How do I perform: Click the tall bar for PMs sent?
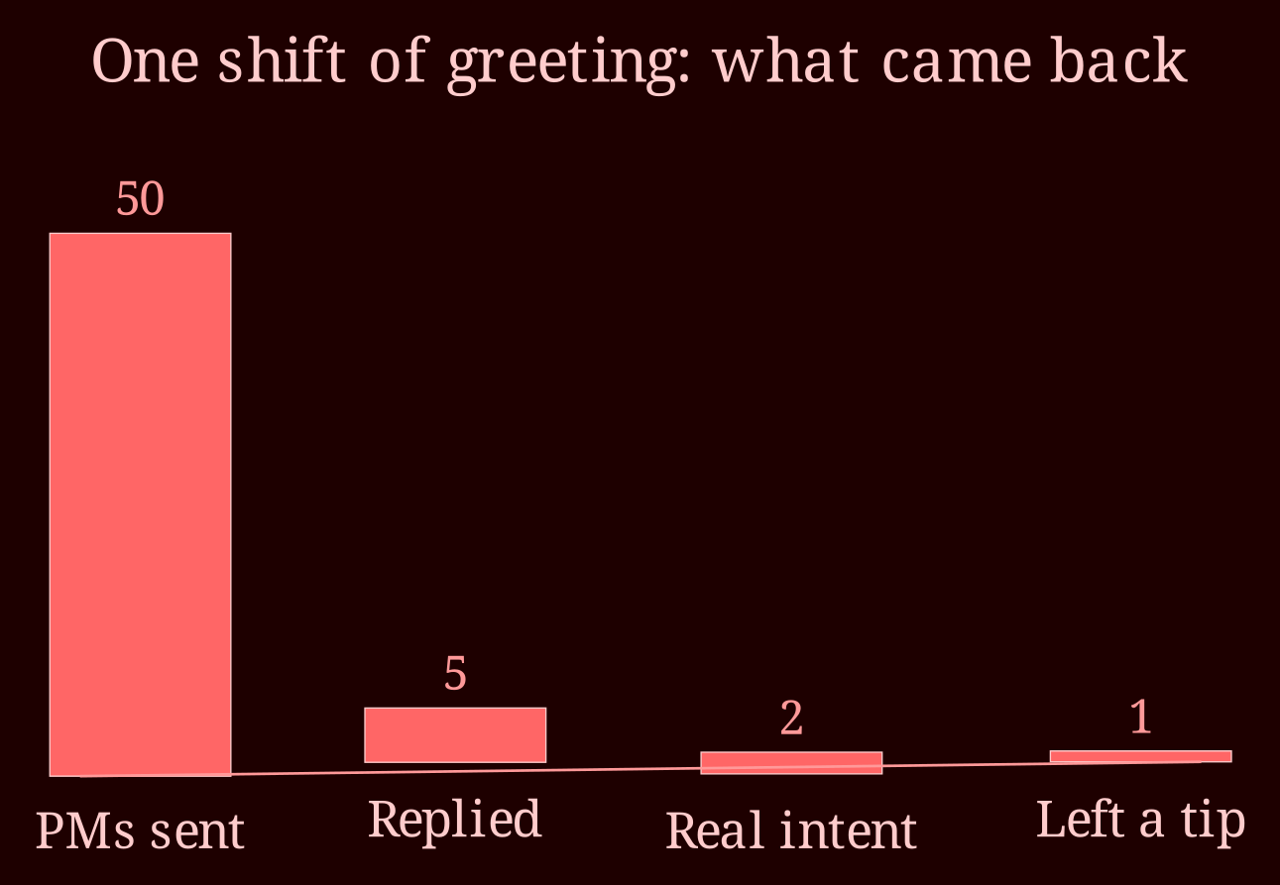[x=140, y=504]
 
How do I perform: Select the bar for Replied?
[x=455, y=734]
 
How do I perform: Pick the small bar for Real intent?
[x=791, y=763]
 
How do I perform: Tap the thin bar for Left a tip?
[x=1140, y=756]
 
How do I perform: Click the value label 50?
[x=140, y=199]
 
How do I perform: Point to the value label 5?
[x=455, y=673]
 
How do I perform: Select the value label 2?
[x=791, y=718]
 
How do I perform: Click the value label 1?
[x=1140, y=717]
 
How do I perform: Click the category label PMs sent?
[x=140, y=830]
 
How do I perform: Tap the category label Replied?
[x=455, y=820]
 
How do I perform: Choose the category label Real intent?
[x=791, y=830]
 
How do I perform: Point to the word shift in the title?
[x=282, y=60]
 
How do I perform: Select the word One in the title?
[x=145, y=61]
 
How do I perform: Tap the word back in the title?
[x=1118, y=60]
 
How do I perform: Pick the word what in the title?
[x=786, y=61]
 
